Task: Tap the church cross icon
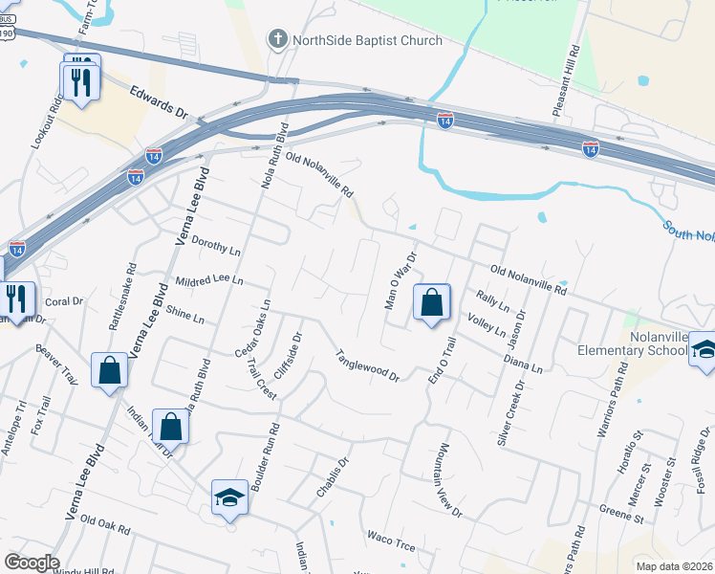[277, 40]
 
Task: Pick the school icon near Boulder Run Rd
[229, 497]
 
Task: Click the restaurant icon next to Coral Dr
[16, 298]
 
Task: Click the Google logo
[32, 563]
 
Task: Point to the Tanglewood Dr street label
[366, 366]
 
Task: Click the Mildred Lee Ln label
[210, 282]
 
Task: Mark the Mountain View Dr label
[450, 480]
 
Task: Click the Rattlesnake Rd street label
[122, 298]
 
